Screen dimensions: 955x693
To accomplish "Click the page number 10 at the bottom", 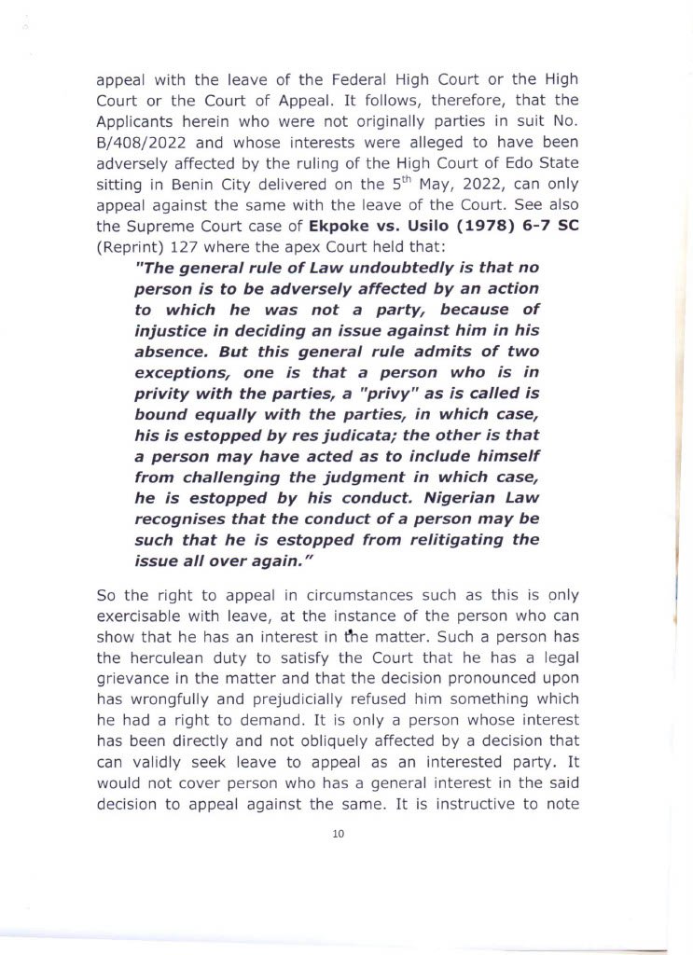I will pyautogui.click(x=338, y=834).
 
